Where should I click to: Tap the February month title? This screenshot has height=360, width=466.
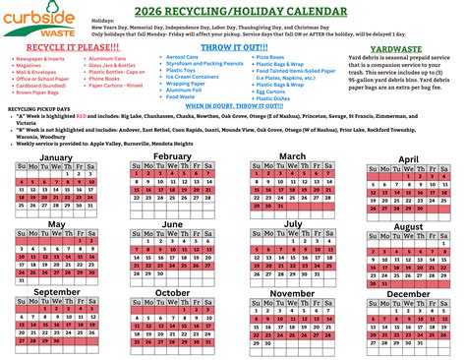172,155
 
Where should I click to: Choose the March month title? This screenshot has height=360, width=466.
292,155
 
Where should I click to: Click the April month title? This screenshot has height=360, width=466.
408,158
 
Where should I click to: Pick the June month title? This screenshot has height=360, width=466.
172,223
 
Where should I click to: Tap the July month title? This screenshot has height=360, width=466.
292,223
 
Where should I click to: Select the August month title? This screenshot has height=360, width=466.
408,226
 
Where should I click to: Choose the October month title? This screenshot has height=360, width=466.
172,292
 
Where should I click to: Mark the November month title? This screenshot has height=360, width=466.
292,292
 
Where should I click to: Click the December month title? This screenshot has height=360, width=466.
408,294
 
